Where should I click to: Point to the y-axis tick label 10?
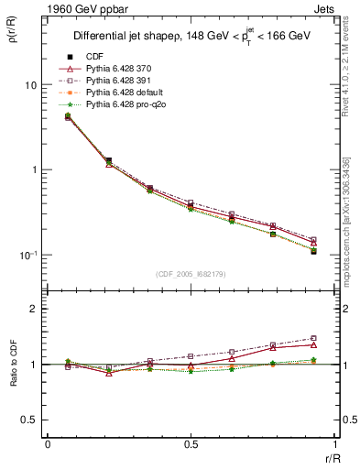click(30, 85)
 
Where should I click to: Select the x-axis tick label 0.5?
click(190, 444)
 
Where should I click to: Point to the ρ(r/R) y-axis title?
click(12, 31)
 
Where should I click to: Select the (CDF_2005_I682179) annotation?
click(191, 273)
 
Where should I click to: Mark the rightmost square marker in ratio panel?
click(313, 338)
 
